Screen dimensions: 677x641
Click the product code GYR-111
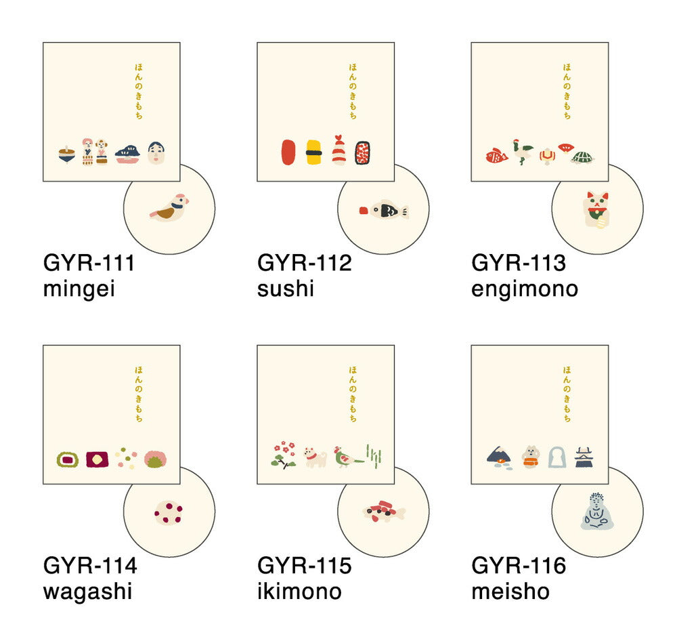pos(89,262)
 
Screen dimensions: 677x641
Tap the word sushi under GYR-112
pos(286,289)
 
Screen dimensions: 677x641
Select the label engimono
pos(525,289)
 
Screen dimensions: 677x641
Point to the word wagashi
pos(87,592)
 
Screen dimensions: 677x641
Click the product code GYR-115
pos(305,565)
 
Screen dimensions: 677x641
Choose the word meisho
pos(510,592)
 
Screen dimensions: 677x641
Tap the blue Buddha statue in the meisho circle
pos(597,512)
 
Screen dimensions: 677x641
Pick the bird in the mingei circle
pos(169,207)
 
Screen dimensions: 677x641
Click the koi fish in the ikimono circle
pos(383,512)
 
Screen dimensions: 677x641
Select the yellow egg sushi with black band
pos(314,152)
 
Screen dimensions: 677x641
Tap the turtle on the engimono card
pos(582,157)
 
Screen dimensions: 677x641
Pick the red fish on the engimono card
pos(496,156)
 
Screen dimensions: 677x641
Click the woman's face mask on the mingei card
pos(156,153)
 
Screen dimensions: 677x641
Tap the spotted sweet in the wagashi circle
pos(169,513)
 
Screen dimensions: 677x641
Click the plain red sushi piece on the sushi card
pos(288,152)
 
